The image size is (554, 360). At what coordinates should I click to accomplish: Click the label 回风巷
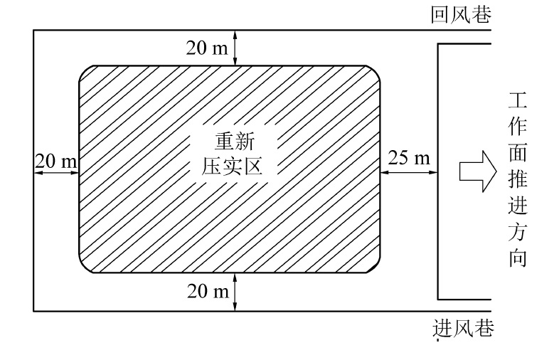[461, 15]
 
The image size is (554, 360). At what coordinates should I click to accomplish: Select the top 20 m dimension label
[207, 48]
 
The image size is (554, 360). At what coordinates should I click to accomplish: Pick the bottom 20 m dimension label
[207, 292]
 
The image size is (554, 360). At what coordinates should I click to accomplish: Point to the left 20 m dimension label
[55, 161]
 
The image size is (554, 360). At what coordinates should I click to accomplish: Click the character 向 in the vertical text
[517, 258]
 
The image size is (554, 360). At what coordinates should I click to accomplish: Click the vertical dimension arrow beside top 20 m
[235, 48]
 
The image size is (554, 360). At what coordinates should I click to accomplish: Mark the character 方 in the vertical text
[517, 232]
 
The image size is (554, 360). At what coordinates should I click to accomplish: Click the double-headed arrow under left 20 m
[55, 171]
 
